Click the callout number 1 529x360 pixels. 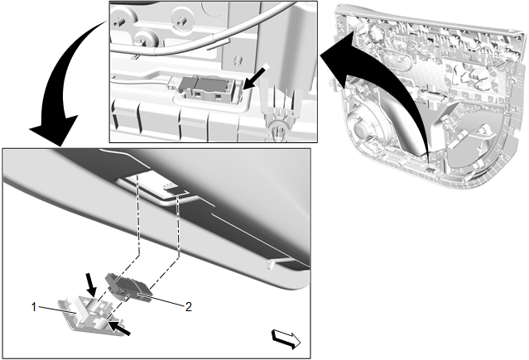(x=34, y=307)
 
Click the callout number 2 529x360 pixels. (x=188, y=307)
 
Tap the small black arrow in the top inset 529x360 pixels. (x=256, y=77)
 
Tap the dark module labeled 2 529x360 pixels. (x=129, y=287)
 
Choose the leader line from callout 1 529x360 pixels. (x=57, y=310)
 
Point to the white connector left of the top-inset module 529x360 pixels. (x=174, y=82)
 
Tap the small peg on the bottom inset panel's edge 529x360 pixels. (x=271, y=264)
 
